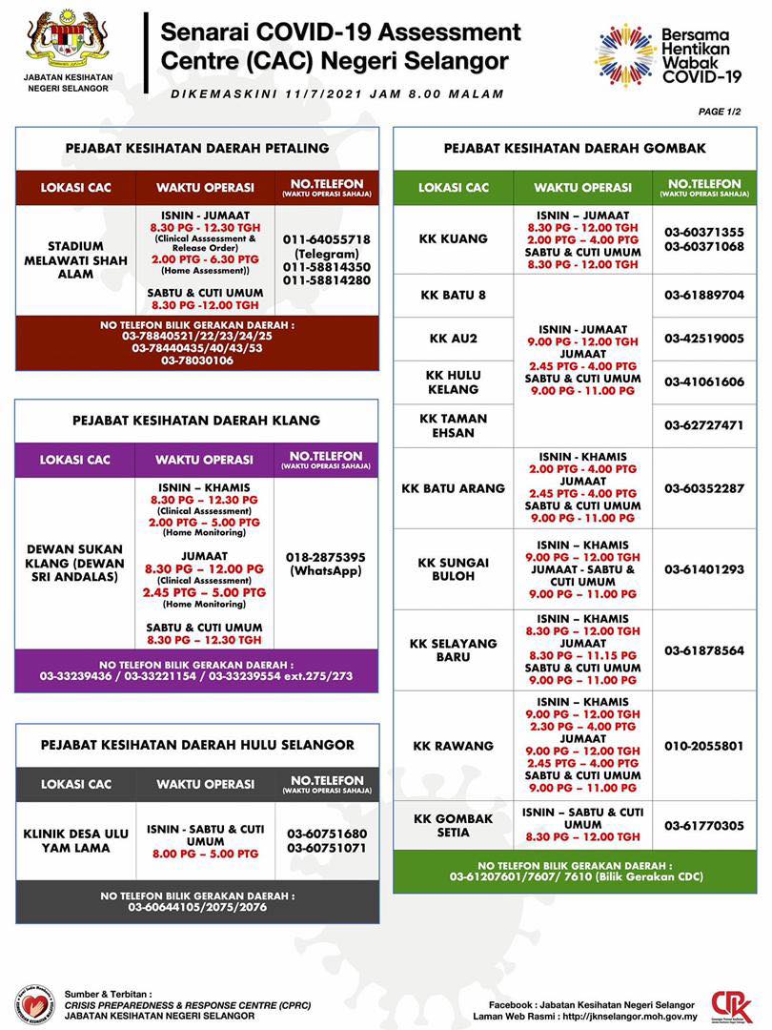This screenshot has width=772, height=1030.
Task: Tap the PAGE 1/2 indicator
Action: (x=720, y=112)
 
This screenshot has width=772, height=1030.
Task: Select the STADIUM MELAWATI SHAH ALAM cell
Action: (x=75, y=260)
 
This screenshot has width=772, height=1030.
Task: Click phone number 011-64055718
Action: (x=326, y=239)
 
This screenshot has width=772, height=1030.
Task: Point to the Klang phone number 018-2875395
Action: (x=325, y=556)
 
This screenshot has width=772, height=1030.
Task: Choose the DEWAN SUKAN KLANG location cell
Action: (x=74, y=563)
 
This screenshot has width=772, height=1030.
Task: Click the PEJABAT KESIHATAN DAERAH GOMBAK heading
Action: (x=575, y=149)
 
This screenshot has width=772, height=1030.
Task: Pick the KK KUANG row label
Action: (x=453, y=238)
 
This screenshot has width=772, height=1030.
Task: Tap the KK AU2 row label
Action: (x=453, y=339)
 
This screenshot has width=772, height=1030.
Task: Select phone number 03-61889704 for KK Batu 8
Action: (x=704, y=296)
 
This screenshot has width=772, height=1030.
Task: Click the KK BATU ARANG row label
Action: (x=453, y=488)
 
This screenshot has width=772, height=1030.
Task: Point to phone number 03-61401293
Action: (x=704, y=569)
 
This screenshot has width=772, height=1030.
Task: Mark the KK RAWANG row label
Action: (x=453, y=746)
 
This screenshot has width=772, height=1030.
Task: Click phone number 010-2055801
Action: (x=704, y=746)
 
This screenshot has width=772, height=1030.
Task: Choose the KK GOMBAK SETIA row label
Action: (x=453, y=825)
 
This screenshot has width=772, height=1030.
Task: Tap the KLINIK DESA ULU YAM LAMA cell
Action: (x=75, y=840)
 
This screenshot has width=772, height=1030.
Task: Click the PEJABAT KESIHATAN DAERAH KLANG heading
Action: (x=196, y=420)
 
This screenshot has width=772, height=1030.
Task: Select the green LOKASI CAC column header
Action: (x=453, y=188)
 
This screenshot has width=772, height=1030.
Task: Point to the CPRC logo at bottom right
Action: (x=731, y=1005)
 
